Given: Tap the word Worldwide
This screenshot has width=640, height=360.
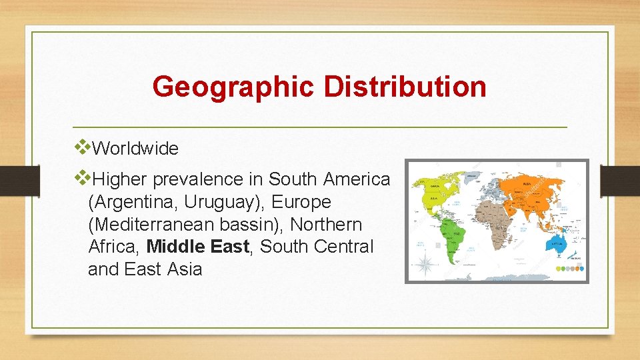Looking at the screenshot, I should click(135, 149).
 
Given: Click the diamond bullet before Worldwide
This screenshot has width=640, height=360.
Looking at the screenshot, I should click(83, 145).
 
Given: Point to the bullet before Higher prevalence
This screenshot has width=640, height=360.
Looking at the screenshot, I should click(83, 176).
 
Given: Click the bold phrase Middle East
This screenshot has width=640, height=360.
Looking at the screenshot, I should click(198, 247).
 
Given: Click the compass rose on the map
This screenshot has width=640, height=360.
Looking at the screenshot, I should click(425, 264).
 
